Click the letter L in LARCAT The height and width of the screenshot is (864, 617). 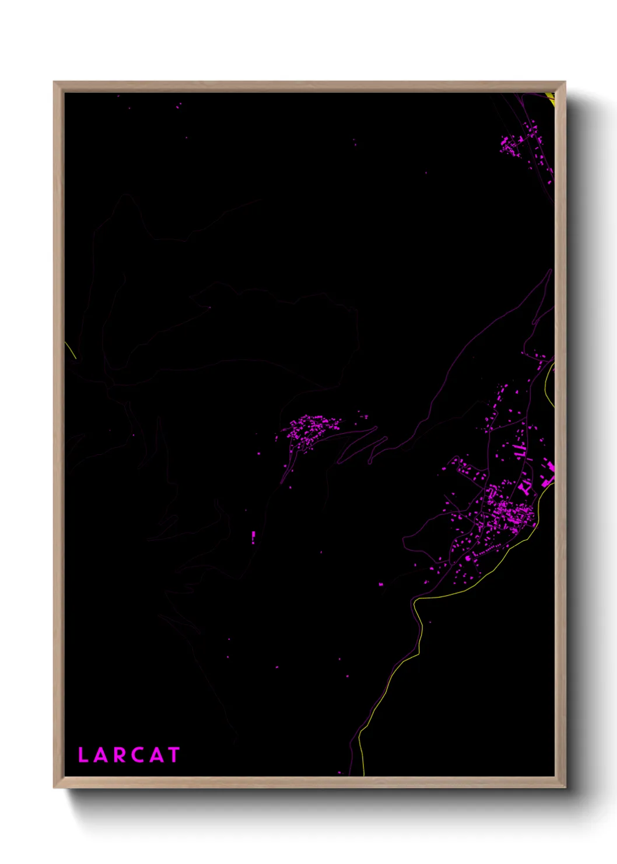point(83,755)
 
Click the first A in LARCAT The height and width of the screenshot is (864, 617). point(100,755)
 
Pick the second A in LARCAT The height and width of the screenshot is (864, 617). point(156,755)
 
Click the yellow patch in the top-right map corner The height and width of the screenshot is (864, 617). point(549,98)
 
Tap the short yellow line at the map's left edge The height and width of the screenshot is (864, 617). point(71,351)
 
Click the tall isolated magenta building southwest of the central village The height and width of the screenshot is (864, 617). point(253,537)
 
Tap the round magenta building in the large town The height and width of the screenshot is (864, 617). point(467,558)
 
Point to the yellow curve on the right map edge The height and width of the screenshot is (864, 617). point(548,385)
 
